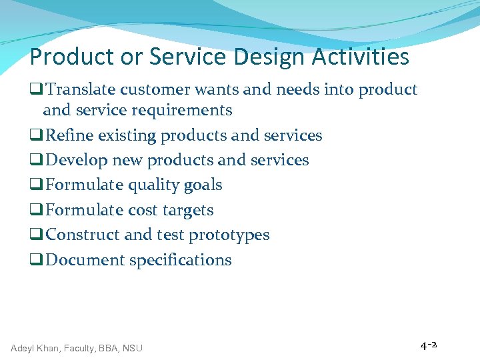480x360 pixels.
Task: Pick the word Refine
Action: click(70, 135)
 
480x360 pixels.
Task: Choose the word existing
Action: click(128, 135)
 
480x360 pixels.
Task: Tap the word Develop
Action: click(76, 160)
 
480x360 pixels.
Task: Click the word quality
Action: click(156, 185)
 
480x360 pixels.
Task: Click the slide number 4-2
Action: click(428, 345)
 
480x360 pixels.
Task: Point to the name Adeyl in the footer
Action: click(23, 347)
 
